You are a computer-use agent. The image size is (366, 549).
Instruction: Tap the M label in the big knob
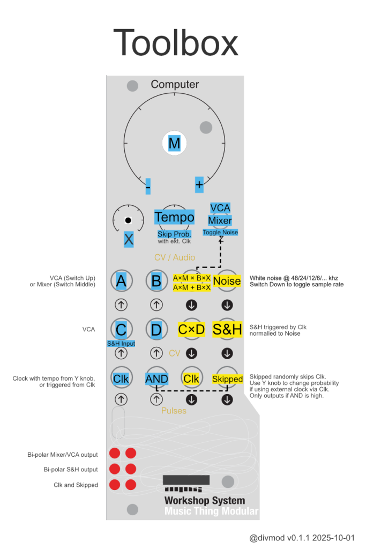click(174, 144)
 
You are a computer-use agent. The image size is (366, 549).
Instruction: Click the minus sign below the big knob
click(148, 186)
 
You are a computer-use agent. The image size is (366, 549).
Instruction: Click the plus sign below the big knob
click(199, 184)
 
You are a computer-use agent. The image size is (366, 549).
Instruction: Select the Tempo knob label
click(174, 217)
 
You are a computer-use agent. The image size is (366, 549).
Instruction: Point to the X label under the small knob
click(129, 240)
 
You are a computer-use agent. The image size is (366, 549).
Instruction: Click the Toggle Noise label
click(220, 233)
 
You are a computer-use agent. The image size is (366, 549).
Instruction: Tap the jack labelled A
click(121, 280)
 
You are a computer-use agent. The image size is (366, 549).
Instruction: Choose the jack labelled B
click(156, 280)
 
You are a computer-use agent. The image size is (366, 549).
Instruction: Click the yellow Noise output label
click(227, 280)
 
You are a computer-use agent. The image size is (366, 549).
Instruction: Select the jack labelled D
click(156, 329)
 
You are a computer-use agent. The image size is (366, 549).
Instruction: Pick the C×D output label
click(191, 329)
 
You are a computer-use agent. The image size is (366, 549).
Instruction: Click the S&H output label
click(227, 329)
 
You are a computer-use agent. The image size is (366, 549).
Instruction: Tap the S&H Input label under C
click(121, 344)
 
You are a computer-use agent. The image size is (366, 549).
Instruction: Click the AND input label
click(156, 379)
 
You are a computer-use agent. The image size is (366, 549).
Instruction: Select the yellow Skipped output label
click(227, 379)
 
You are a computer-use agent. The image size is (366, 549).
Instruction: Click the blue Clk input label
click(121, 379)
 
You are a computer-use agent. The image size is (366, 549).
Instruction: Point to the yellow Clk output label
click(191, 379)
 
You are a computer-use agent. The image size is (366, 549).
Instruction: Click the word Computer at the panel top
click(175, 84)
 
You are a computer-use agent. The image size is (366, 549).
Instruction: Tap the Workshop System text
click(204, 501)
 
